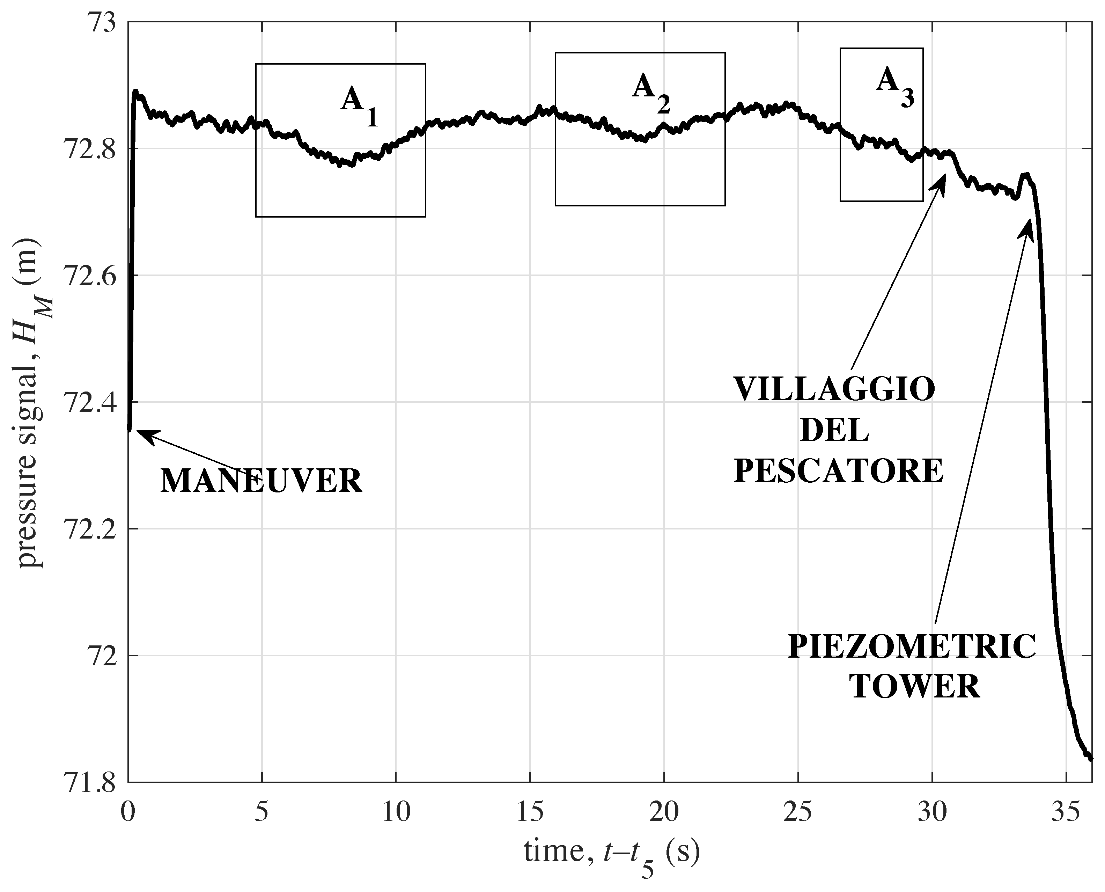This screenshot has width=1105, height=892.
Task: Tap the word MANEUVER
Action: (261, 482)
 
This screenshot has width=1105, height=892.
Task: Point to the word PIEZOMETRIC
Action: (912, 647)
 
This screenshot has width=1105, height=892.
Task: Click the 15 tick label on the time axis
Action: (530, 813)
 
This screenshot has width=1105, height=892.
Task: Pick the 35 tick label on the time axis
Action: (1066, 813)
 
